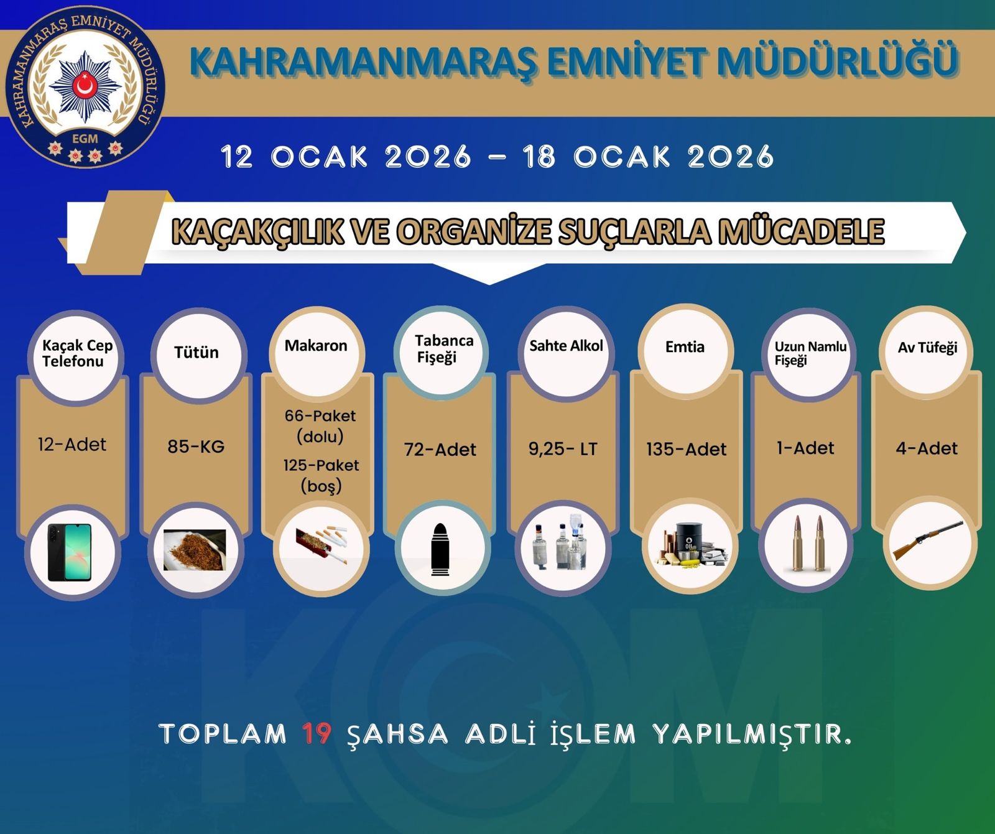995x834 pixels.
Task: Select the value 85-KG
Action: click(196, 446)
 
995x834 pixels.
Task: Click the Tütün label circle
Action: click(197, 353)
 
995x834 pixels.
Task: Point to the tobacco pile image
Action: click(195, 550)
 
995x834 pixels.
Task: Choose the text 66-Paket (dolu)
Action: click(320, 426)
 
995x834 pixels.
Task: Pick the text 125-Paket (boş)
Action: click(321, 475)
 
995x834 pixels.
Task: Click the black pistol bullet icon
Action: click(440, 547)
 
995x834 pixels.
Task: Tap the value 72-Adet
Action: click(440, 449)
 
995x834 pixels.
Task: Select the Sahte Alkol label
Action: click(566, 346)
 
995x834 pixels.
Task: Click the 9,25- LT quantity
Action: click(563, 448)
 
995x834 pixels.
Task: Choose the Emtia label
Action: click(685, 346)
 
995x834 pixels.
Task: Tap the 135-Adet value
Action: click(686, 449)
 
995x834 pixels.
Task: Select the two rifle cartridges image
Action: click(807, 544)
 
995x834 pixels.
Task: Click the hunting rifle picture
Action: click(928, 540)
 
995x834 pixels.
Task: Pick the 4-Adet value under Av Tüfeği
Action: click(927, 448)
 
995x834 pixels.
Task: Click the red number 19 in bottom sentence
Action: click(317, 734)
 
